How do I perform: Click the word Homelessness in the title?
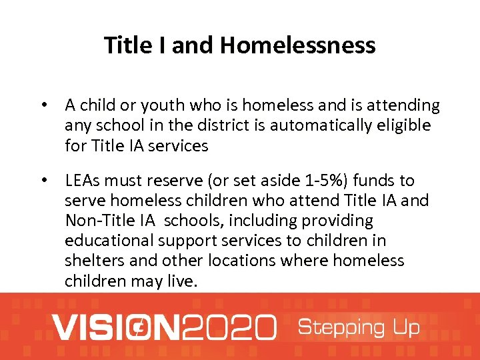(298, 45)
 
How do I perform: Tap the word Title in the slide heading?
(123, 45)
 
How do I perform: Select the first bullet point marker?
(44, 105)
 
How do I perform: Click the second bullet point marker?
(44, 181)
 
